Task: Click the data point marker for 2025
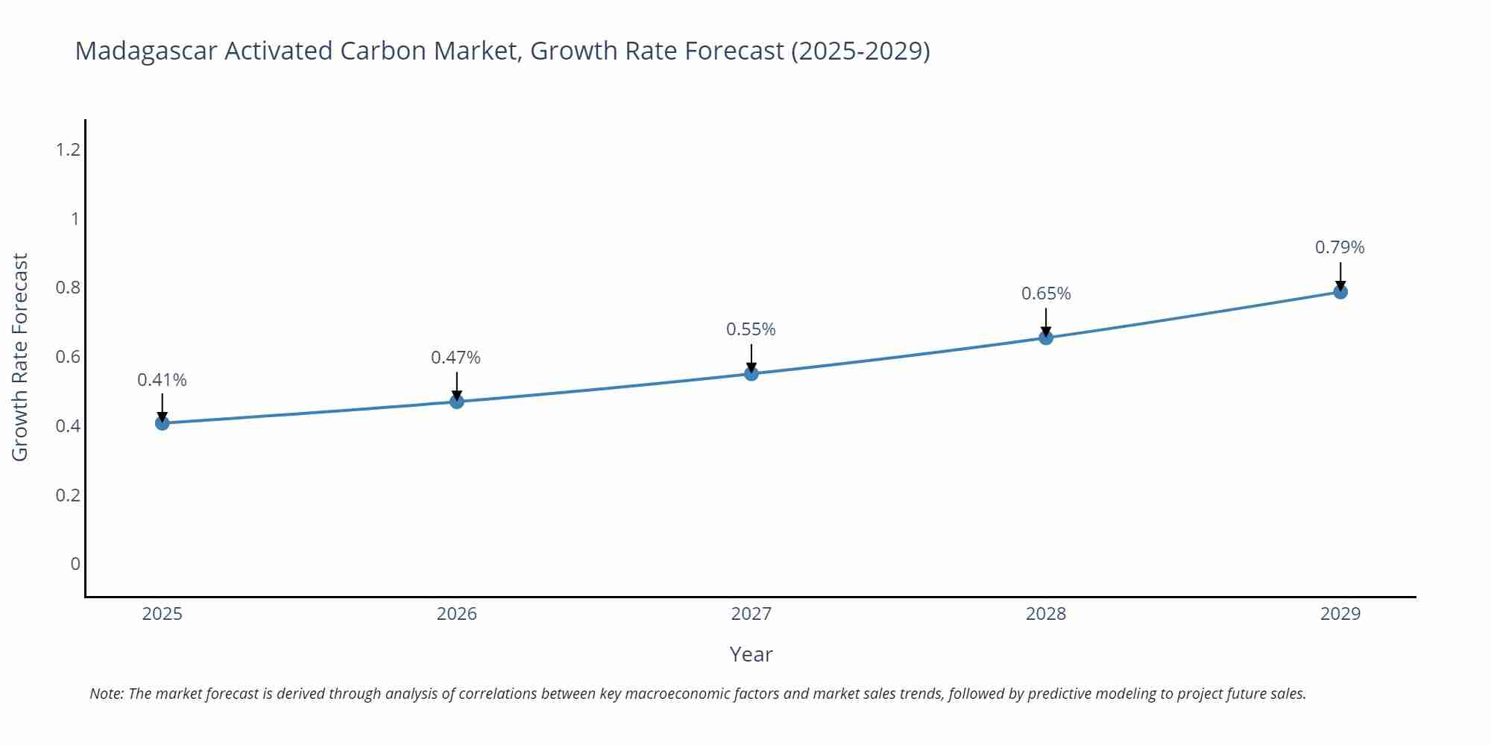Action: [x=163, y=423]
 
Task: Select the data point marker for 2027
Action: [x=751, y=373]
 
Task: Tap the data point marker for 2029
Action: [x=1340, y=292]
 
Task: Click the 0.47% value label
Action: [x=456, y=358]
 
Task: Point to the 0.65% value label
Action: [x=1046, y=294]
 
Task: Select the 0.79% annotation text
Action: [x=1340, y=247]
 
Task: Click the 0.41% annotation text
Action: [x=162, y=380]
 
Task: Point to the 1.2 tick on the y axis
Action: [x=68, y=150]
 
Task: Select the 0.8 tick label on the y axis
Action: [x=68, y=288]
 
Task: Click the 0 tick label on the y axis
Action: [x=75, y=564]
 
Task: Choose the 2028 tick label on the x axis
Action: [x=1046, y=614]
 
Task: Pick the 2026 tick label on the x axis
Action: [x=457, y=614]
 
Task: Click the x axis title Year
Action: [x=751, y=654]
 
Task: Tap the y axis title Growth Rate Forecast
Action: [x=20, y=357]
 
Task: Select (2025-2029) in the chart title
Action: [x=860, y=51]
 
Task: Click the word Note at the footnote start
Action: [x=106, y=694]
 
